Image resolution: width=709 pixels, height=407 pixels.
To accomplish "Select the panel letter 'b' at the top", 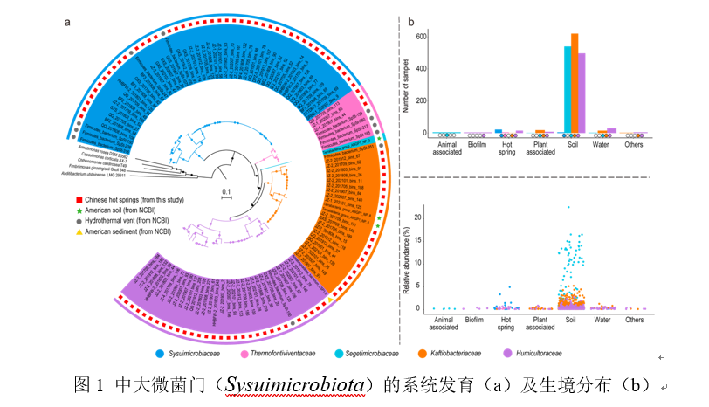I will point(411,21).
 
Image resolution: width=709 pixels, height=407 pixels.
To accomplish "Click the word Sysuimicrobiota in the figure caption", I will point(287,383).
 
